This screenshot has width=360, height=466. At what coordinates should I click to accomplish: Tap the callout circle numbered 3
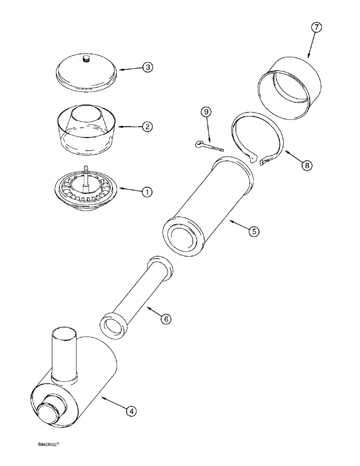pos(147,68)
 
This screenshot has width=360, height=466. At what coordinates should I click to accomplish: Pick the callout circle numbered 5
pos(254,231)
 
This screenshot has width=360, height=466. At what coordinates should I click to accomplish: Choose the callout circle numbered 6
pos(166,319)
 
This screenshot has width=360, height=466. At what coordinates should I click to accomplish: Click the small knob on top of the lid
pos(85,59)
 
